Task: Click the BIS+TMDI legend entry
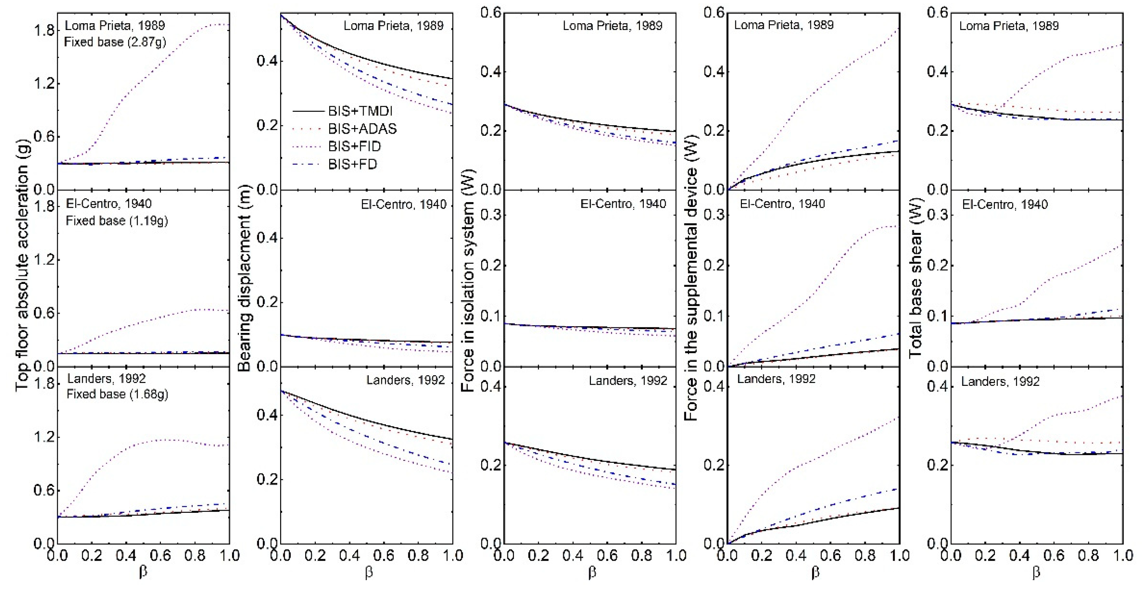coord(360,111)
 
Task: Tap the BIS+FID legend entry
coord(354,146)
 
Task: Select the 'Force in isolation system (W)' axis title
coord(468,280)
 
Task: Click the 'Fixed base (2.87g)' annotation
coord(115,42)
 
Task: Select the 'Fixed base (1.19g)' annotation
coord(116,220)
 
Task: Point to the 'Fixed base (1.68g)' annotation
coord(117,394)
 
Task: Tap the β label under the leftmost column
coord(143,572)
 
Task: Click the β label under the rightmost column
coord(1036,572)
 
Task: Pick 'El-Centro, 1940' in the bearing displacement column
coord(404,205)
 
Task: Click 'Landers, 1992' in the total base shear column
coord(1000,382)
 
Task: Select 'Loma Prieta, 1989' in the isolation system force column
coord(612,26)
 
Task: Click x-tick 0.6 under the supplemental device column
coord(830,555)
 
